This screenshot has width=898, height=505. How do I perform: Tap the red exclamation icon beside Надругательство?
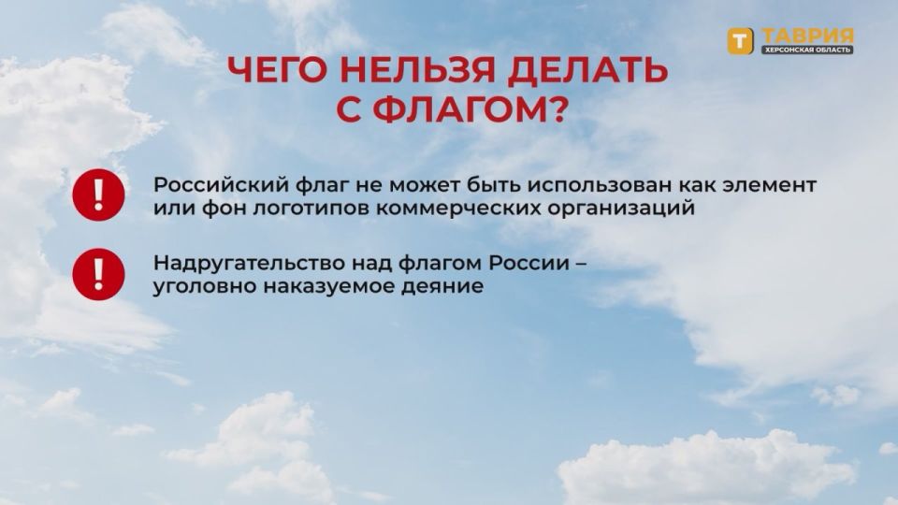[x=94, y=273]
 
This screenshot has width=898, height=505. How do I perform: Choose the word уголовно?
[x=194, y=287]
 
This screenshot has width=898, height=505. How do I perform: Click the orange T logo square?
[x=741, y=41]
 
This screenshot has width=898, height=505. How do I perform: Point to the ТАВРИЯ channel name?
[x=805, y=35]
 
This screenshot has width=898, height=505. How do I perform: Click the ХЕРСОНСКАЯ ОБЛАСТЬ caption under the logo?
[x=805, y=50]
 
